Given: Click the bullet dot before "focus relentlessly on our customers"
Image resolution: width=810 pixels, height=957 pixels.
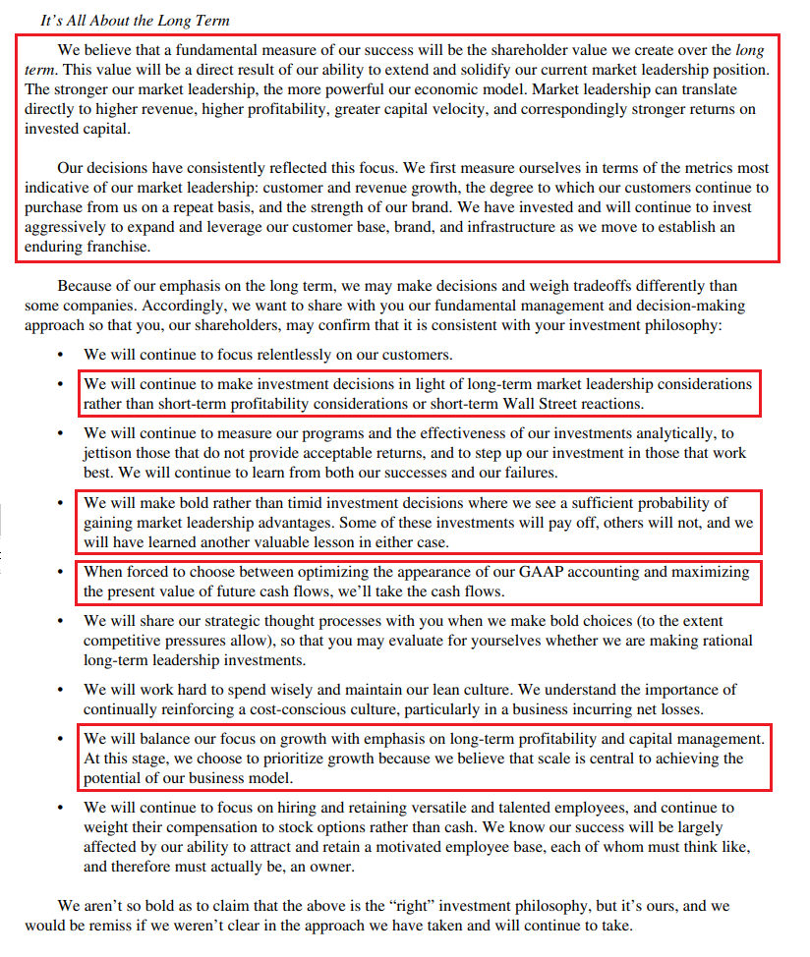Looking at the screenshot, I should pos(62,355).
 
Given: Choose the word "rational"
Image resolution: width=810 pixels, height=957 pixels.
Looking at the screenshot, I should pos(725,641).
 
